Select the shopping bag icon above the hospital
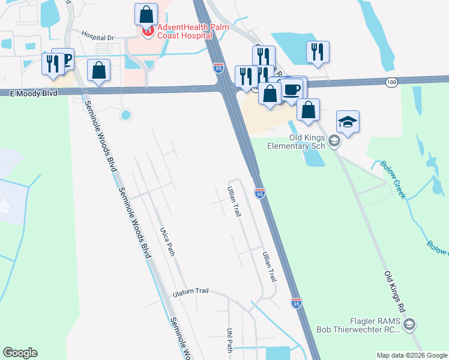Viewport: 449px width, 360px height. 146,14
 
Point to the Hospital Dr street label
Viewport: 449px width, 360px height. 97,37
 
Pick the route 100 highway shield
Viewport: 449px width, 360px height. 391,82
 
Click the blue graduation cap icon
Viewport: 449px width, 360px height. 348,121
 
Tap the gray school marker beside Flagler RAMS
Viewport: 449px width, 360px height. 409,325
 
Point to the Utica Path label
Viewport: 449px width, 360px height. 167,242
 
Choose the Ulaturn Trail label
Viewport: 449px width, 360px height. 190,293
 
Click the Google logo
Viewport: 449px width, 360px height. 20,353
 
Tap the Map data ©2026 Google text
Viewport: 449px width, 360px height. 411,355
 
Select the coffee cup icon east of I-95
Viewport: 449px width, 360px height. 292,89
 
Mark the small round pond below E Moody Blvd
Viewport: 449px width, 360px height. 125,114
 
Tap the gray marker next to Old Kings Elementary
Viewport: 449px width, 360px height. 335,142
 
